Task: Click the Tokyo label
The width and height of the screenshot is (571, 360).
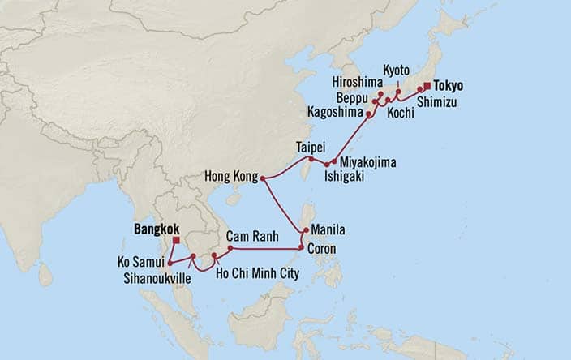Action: [x=452, y=84]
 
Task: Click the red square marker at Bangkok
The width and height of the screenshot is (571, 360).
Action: [x=176, y=241]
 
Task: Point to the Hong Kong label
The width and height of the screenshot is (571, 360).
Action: [x=230, y=177]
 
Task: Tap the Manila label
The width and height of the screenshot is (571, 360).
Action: [x=328, y=231]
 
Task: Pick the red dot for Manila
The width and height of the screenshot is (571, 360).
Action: [x=305, y=232]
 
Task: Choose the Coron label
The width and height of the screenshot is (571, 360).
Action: [x=323, y=248]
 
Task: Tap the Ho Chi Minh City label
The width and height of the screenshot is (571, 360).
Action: [x=258, y=272]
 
